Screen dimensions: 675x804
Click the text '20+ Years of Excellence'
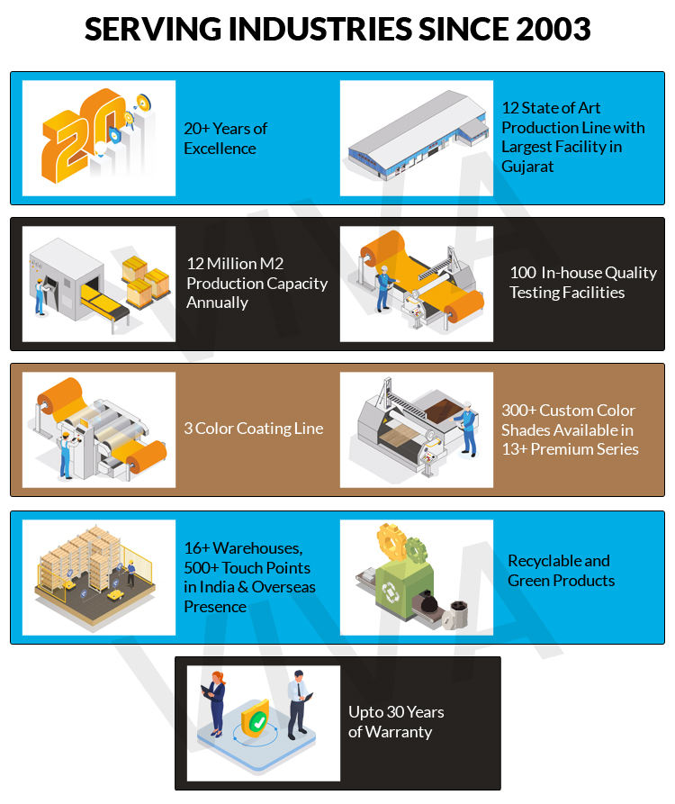(226, 139)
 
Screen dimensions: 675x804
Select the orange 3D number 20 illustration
(85, 138)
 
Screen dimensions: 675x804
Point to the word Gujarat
(527, 167)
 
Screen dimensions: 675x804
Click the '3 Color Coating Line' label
(253, 429)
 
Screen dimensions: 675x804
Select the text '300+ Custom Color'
(568, 411)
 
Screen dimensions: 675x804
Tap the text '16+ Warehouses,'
(243, 548)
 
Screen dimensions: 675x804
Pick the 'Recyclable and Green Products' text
(561, 571)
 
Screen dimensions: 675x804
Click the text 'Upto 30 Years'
(396, 712)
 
